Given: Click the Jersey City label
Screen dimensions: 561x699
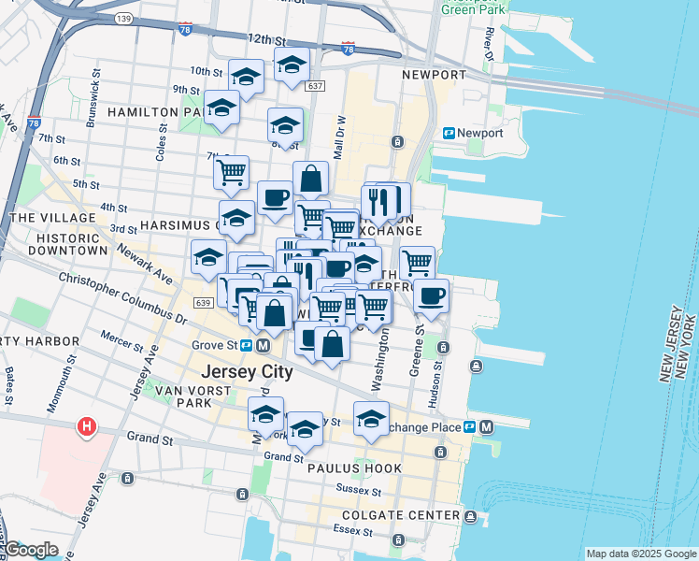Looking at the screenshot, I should point(247,371).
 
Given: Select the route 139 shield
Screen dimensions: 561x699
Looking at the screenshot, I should point(121,18).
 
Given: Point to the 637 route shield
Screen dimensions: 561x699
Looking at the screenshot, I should point(315,86).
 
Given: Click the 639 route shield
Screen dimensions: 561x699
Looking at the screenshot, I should point(205,303).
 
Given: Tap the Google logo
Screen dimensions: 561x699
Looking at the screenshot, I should point(32,550).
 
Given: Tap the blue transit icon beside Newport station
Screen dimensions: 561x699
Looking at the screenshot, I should point(449,134).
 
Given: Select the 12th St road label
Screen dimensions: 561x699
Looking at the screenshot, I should point(266,40).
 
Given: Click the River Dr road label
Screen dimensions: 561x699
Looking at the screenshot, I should point(489,42).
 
